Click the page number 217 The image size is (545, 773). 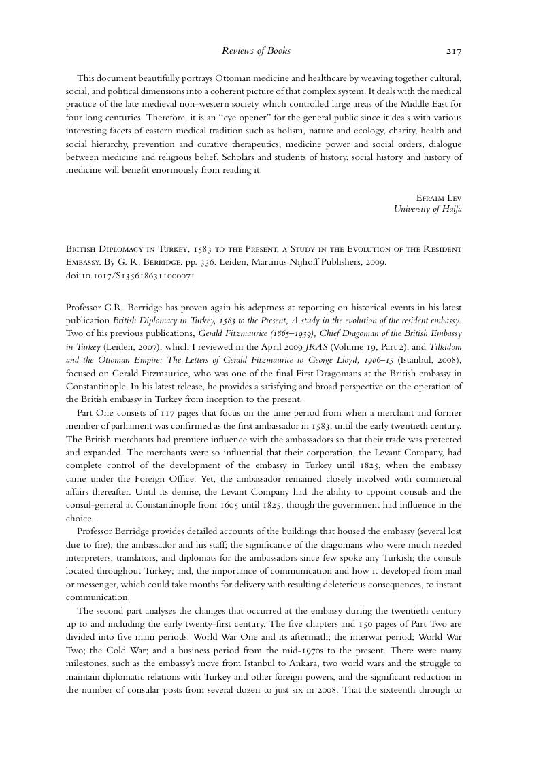tap(454, 51)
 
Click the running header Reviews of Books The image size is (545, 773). tap(256, 51)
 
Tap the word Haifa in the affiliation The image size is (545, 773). tap(450, 209)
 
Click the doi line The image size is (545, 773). tap(131, 276)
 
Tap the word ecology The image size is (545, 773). tap(365, 131)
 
